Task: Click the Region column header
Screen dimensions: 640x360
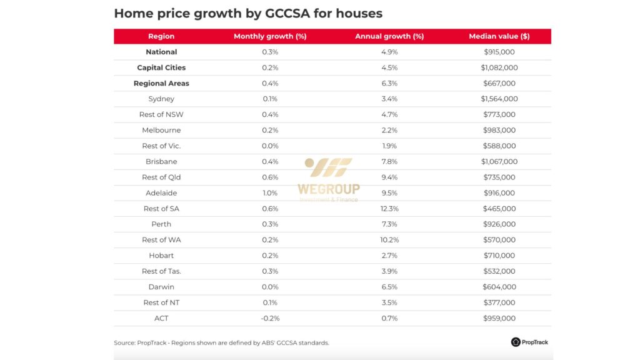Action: (161, 36)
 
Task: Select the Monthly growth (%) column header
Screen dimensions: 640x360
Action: (270, 36)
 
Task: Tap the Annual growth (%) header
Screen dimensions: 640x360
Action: (389, 36)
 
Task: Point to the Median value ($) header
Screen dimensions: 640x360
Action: (499, 36)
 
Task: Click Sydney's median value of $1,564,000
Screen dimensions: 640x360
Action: (499, 99)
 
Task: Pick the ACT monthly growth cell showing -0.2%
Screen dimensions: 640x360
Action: (270, 318)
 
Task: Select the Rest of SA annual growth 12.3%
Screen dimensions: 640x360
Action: (389, 209)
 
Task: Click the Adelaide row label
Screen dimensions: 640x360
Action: (161, 193)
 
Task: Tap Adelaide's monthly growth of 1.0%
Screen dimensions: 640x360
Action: (270, 193)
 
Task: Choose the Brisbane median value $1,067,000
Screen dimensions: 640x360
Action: (499, 162)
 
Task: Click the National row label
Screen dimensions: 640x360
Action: (161, 52)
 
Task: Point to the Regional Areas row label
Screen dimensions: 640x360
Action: (161, 83)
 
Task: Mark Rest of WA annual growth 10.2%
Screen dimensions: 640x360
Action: (389, 240)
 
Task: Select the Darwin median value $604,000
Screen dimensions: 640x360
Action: (499, 287)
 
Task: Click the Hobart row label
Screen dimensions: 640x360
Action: (161, 256)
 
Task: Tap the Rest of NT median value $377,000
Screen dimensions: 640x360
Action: (499, 302)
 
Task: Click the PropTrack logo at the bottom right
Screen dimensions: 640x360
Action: (529, 342)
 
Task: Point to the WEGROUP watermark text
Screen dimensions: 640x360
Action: (329, 189)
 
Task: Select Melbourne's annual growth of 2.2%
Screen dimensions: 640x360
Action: (389, 130)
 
